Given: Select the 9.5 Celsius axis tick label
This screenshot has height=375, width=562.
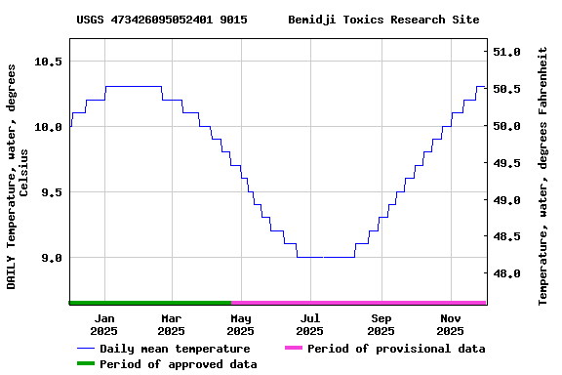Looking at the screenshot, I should click(48, 192).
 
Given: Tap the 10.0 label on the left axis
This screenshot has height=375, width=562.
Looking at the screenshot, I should click(48, 127).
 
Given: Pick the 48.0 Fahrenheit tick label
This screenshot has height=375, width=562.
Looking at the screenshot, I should click(507, 274).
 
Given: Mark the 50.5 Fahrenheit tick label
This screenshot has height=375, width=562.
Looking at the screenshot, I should click(507, 89).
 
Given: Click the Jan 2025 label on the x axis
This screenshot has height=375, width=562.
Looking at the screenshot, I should click(103, 324).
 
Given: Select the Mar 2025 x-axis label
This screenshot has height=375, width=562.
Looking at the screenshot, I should click(171, 324).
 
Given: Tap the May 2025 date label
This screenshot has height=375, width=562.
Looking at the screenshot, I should click(241, 324).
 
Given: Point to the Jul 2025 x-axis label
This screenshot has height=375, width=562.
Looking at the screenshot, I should click(310, 324).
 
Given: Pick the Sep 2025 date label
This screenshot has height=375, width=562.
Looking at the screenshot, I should click(381, 324).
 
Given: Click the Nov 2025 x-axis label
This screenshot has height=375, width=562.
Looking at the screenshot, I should click(451, 324).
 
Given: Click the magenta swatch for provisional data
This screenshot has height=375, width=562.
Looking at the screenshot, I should click(294, 349).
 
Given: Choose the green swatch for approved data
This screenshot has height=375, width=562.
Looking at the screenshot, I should click(85, 364).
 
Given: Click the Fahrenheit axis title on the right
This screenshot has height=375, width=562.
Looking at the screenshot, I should click(544, 176).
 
